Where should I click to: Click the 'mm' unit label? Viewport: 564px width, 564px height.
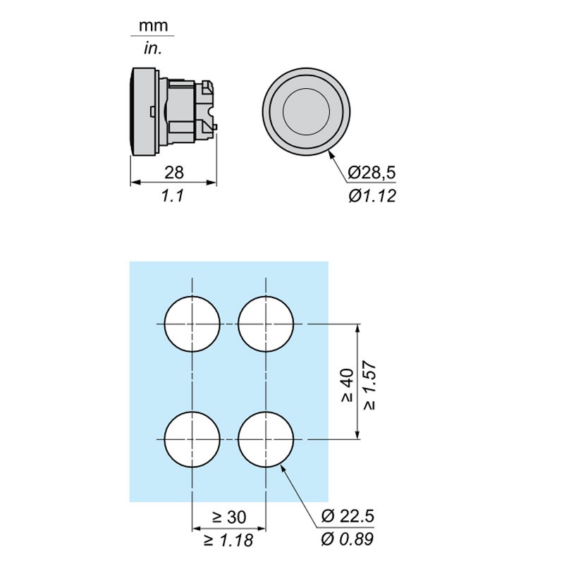[x=154, y=26]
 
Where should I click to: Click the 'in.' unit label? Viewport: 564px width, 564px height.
[x=153, y=48]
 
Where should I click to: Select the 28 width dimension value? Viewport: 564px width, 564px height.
[x=174, y=172]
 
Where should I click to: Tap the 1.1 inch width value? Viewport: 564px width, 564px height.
[x=173, y=196]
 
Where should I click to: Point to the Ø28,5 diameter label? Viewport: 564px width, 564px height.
[x=372, y=172]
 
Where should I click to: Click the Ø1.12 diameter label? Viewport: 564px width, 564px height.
[x=372, y=196]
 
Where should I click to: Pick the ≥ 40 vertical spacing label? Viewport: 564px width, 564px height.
[x=348, y=384]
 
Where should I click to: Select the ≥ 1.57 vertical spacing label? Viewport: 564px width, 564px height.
[x=369, y=385]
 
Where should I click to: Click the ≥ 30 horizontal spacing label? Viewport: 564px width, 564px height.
[x=229, y=517]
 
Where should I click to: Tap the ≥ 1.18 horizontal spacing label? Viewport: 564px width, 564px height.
[x=228, y=540]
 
